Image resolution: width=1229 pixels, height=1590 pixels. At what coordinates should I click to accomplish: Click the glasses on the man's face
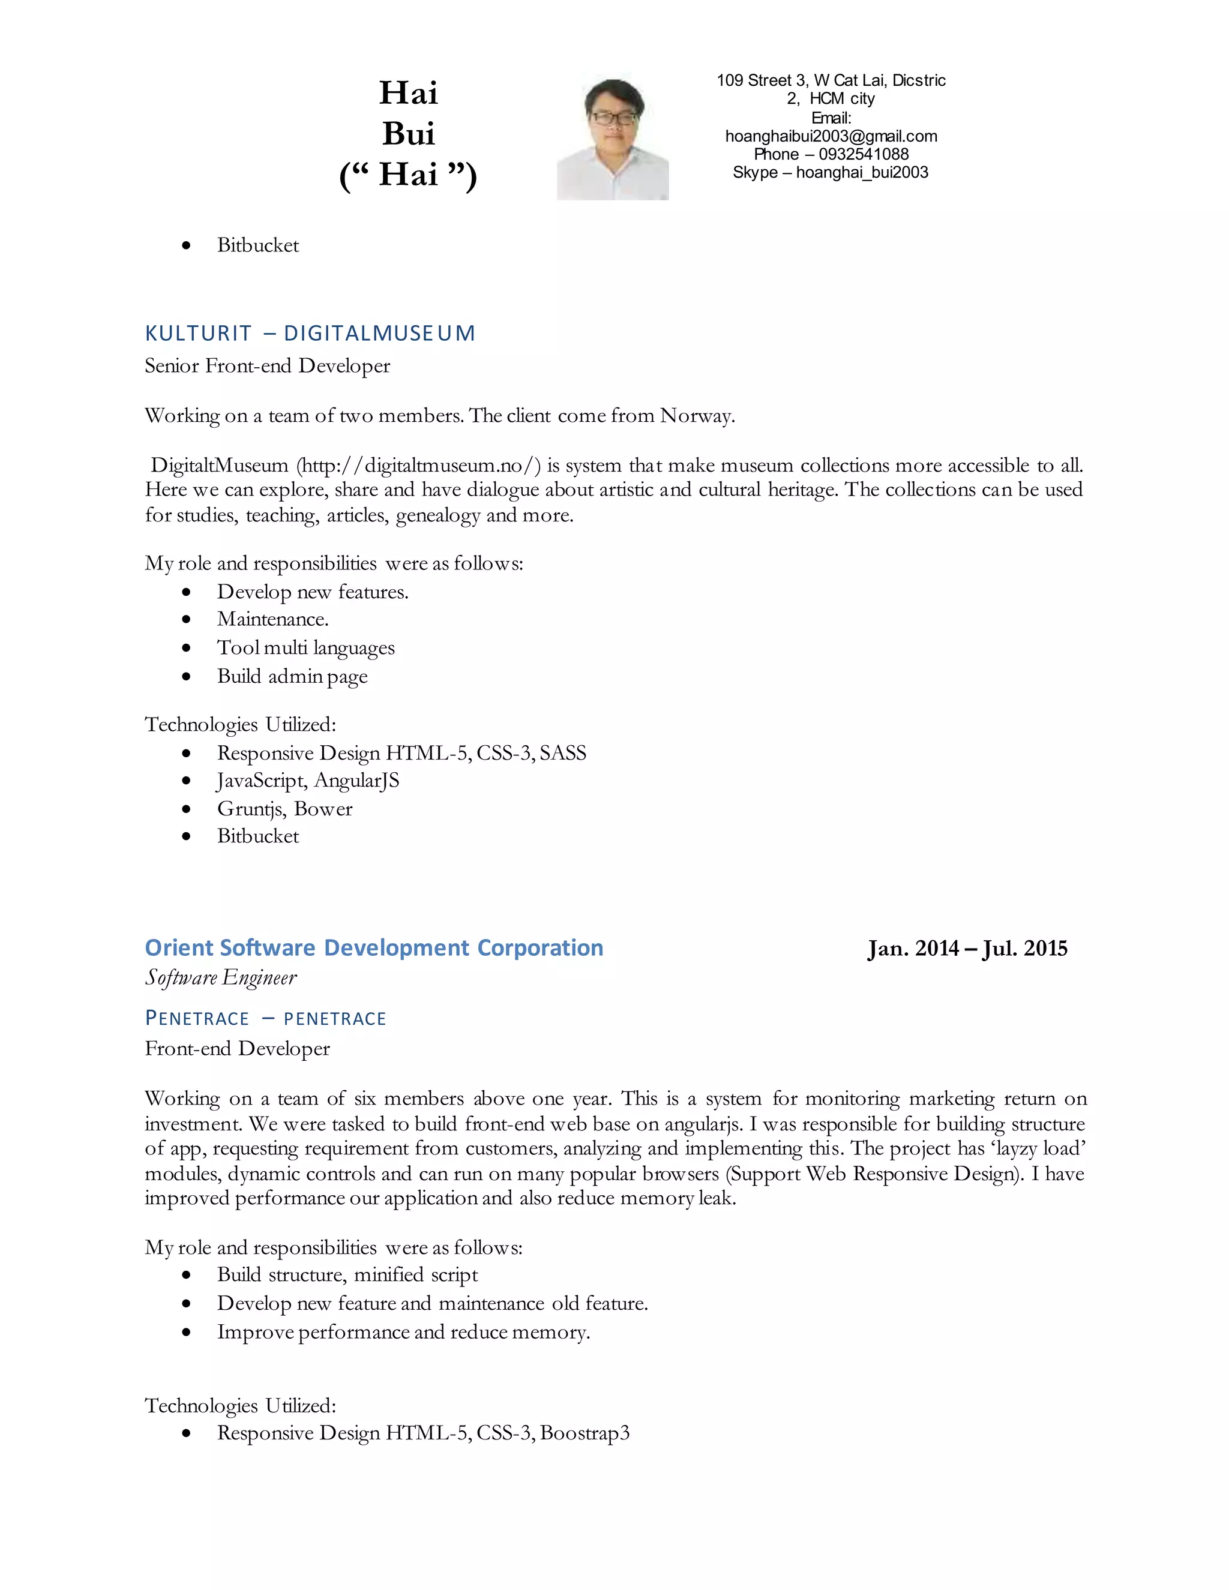[613, 117]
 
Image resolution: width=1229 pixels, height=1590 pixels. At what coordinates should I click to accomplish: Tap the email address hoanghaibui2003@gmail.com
[831, 136]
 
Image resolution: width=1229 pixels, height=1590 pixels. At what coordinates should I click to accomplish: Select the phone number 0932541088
[864, 154]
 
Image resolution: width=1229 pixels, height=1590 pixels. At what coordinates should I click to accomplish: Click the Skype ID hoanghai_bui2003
[862, 173]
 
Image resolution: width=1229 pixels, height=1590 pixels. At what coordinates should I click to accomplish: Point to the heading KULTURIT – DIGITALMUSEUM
[310, 334]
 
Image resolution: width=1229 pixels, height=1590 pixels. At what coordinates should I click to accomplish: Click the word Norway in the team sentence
[697, 416]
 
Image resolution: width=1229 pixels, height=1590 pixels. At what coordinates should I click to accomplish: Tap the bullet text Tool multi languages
[306, 648]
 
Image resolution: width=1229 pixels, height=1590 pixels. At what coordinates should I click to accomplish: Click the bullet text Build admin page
[292, 676]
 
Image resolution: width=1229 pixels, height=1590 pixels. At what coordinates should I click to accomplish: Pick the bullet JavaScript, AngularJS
[308, 781]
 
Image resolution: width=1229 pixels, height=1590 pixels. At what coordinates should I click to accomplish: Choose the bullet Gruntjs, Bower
[284, 809]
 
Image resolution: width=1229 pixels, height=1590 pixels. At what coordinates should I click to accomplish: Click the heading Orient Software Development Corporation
[373, 948]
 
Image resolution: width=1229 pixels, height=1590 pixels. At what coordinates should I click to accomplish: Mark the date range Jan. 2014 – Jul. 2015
[967, 949]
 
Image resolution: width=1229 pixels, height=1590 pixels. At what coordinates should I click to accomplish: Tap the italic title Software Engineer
[221, 978]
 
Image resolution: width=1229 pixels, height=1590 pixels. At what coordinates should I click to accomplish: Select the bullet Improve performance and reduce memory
[403, 1332]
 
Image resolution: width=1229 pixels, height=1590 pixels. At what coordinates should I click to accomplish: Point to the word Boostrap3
[584, 1433]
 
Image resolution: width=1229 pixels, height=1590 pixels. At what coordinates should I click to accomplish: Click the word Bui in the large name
[409, 134]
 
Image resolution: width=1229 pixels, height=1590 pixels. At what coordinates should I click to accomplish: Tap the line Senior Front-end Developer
[267, 365]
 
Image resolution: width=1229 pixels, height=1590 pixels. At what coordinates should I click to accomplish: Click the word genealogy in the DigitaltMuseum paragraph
[437, 515]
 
